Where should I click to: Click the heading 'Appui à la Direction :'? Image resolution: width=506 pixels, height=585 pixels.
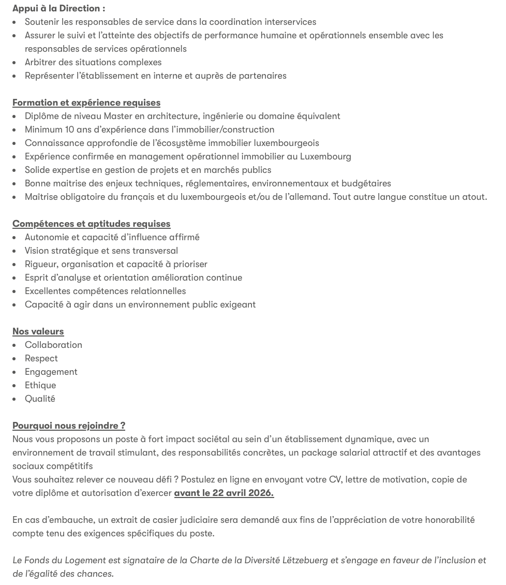(58, 8)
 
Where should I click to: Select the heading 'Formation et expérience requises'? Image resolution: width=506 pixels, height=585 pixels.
(86, 103)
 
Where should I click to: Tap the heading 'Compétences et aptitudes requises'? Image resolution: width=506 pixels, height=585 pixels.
(91, 224)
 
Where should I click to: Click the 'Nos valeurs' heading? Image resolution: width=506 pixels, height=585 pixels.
(38, 331)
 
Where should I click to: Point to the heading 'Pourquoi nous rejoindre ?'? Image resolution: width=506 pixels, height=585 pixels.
(69, 426)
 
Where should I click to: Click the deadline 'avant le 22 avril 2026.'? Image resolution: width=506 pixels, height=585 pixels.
(224, 493)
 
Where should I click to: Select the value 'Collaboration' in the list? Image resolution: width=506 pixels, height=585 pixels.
(53, 345)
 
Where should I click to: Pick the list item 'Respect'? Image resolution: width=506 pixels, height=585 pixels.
(41, 358)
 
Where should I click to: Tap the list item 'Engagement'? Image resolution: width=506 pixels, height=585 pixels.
(51, 372)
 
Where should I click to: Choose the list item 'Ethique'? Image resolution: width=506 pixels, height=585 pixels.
(40, 385)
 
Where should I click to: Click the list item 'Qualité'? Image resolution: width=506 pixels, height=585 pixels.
(40, 399)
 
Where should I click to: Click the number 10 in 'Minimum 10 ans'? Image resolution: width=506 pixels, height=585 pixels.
(69, 129)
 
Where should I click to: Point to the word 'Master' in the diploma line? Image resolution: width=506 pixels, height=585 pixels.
(118, 116)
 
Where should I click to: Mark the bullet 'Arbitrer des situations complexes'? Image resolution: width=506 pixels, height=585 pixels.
(93, 62)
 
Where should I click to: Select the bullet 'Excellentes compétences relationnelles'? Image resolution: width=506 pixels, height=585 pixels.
(105, 291)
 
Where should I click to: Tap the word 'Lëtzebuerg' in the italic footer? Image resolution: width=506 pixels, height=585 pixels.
(305, 560)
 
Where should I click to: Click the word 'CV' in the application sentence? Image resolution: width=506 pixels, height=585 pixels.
(335, 479)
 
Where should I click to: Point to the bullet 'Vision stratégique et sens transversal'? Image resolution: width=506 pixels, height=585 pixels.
(101, 251)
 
